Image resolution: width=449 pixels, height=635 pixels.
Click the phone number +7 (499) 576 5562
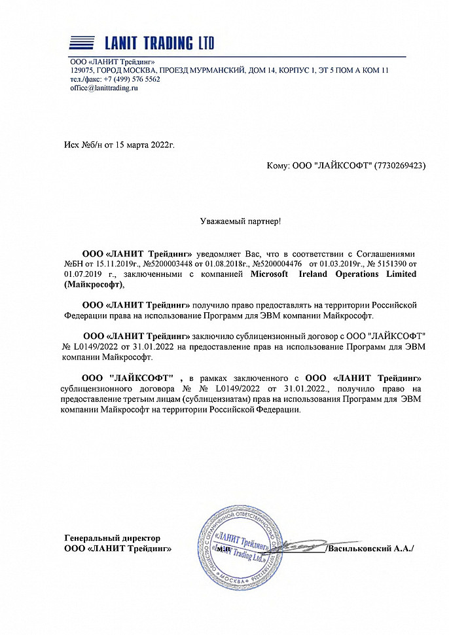tap(130, 79)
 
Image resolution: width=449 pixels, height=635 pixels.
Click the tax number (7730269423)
tap(399, 166)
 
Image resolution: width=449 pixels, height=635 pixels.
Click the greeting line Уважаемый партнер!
tap(240, 222)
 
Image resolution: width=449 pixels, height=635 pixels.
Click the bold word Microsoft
tap(270, 274)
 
